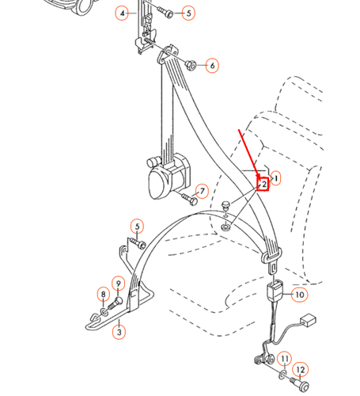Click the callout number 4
pos(122,13)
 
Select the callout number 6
pos(212,66)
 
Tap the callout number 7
pos(202,191)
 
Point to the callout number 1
pos(275,179)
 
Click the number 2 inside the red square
pos(263,185)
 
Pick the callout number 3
pos(119,332)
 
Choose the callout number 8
pos(103,294)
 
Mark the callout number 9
pos(118,284)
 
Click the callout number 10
pos(299,295)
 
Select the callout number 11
pos(284,359)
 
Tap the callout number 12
pos(301,370)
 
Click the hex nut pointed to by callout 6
pos(191,65)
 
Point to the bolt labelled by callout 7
pos(189,200)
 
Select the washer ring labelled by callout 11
pos(282,375)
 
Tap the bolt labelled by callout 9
pos(116,303)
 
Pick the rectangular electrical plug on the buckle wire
pos(308,320)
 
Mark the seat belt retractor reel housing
pos(167,176)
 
